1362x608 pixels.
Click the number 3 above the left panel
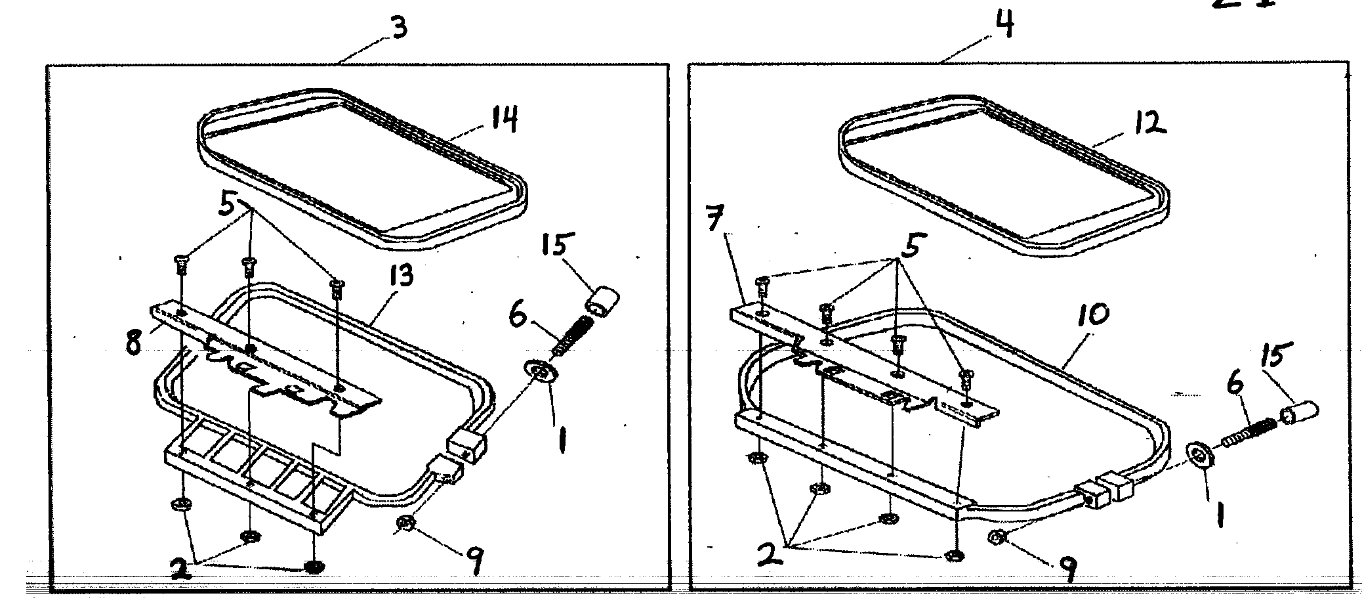[399, 28]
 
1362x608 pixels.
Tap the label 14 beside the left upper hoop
[503, 120]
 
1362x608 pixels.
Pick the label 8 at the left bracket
[134, 343]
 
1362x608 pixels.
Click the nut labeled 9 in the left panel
[405, 523]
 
